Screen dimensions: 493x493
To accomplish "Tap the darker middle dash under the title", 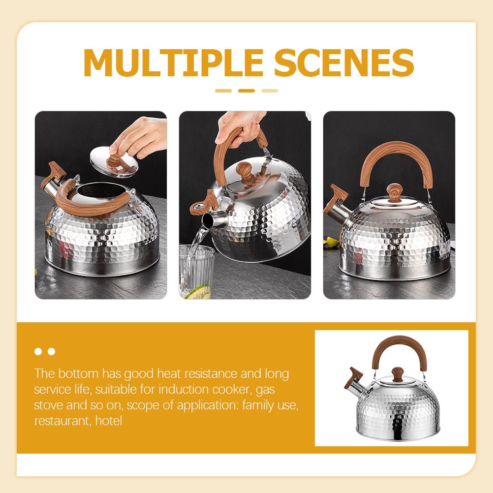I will coord(246,91).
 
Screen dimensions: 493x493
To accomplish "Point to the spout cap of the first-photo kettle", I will coord(55,173).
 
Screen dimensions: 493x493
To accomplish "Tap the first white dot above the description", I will coord(38,351).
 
